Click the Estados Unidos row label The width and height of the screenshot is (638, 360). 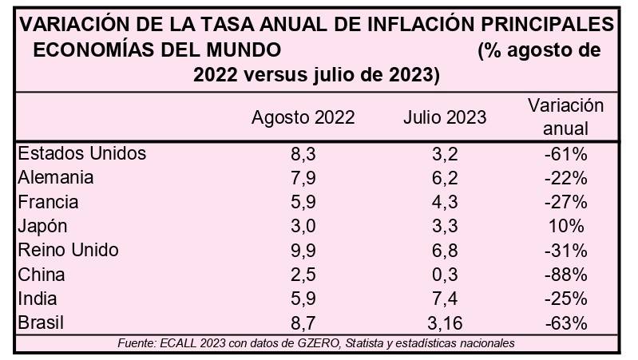pos(81,153)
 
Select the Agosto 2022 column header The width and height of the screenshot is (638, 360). pos(303,117)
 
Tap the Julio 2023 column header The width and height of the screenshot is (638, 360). pos(445,117)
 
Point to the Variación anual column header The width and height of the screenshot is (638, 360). pos(566,117)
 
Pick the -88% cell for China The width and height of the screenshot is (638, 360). pos(566,275)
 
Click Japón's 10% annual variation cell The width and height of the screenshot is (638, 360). pos(566,226)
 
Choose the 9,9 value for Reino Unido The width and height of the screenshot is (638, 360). pos(303,251)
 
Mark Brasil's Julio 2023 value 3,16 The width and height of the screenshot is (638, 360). pos(445,323)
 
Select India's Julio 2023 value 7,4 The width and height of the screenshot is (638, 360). pos(445,299)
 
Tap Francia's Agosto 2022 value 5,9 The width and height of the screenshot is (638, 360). pos(303,202)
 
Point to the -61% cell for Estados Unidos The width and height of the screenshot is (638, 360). pos(566,153)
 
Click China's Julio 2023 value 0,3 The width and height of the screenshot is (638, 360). pos(445,275)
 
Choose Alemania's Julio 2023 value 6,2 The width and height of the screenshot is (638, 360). pos(445,177)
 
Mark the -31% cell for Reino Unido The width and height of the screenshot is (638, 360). pos(566,251)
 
